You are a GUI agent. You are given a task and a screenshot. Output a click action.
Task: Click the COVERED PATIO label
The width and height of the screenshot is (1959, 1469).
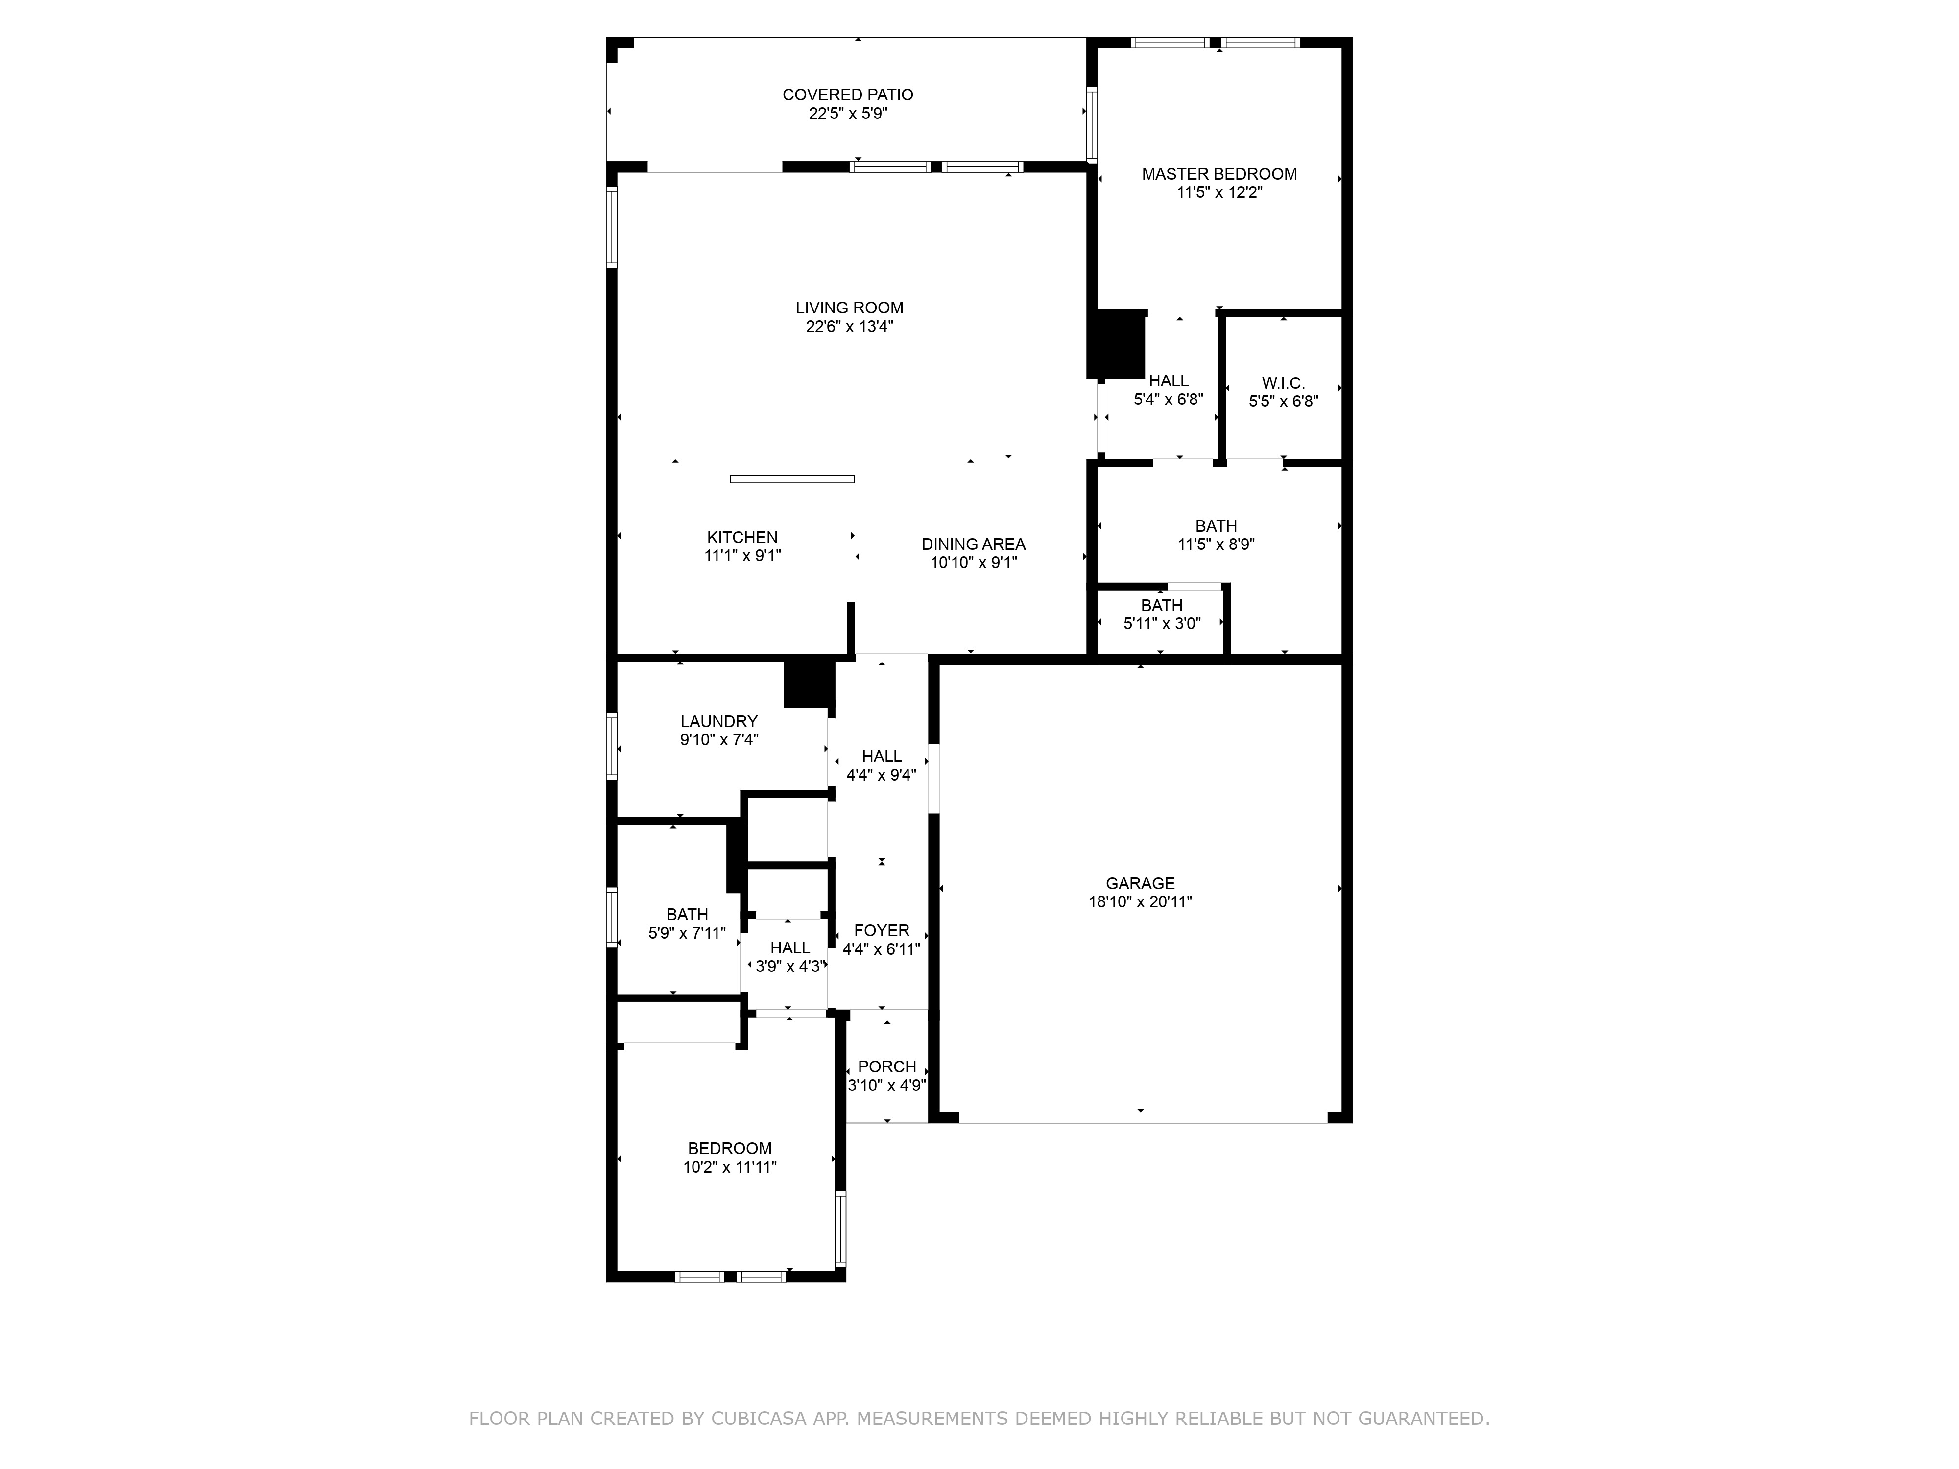coord(848,95)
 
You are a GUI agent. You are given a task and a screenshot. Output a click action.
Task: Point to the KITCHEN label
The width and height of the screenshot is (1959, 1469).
coord(742,538)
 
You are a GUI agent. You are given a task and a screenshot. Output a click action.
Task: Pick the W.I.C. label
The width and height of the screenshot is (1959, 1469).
coord(1283,383)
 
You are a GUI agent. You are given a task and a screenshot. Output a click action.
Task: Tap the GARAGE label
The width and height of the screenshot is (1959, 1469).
coord(1140,884)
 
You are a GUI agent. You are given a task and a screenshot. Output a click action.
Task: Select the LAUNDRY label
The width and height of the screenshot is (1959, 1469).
coord(718,722)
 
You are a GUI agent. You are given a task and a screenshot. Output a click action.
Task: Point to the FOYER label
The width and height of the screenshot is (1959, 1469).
coord(881,931)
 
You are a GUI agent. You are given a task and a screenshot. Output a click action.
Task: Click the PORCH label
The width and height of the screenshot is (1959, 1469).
coord(886,1067)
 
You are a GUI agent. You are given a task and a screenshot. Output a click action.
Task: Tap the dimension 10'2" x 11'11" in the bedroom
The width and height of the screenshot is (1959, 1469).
coord(730,1167)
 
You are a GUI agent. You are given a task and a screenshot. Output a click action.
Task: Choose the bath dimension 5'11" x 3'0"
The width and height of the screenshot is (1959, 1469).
coord(1162,623)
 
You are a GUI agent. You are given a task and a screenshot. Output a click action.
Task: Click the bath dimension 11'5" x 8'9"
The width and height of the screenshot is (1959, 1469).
coord(1216,545)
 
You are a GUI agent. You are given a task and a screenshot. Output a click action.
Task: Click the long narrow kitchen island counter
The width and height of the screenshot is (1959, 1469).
coord(792,479)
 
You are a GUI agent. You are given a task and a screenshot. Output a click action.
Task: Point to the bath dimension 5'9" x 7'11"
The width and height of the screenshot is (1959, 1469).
coord(687,933)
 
